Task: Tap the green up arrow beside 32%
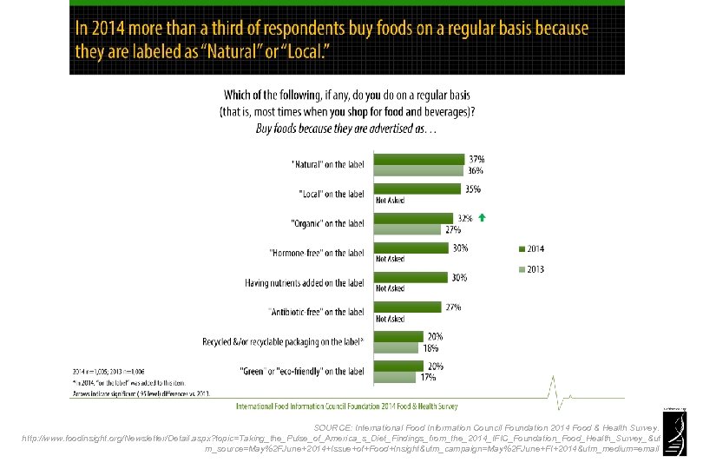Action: pyautogui.click(x=482, y=218)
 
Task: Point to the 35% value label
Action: pyautogui.click(x=472, y=188)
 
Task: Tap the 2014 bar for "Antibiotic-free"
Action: pyautogui.click(x=408, y=307)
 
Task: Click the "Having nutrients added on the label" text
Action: pyautogui.click(x=306, y=282)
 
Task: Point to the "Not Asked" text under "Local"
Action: pyautogui.click(x=390, y=201)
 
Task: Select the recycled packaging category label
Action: pyautogui.click(x=283, y=341)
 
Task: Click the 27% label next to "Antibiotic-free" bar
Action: pyautogui.click(x=452, y=307)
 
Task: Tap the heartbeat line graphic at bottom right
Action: pyautogui.click(x=563, y=395)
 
